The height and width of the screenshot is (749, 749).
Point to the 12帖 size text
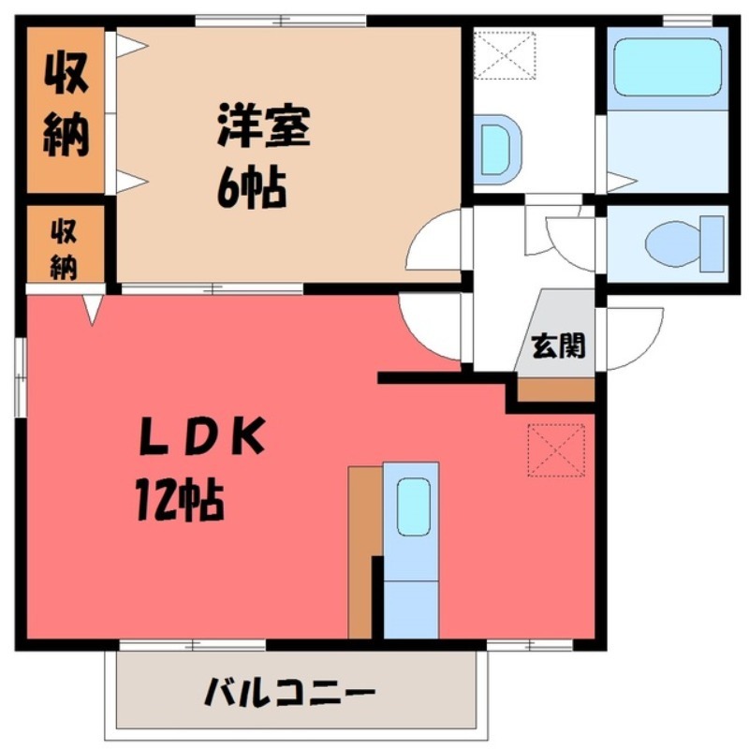[182, 503]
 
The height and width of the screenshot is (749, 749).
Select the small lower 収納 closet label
[63, 247]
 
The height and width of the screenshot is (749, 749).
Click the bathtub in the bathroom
[667, 68]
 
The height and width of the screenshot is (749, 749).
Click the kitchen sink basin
[412, 507]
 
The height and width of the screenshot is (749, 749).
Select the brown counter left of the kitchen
[361, 552]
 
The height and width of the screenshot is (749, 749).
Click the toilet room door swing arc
[572, 242]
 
